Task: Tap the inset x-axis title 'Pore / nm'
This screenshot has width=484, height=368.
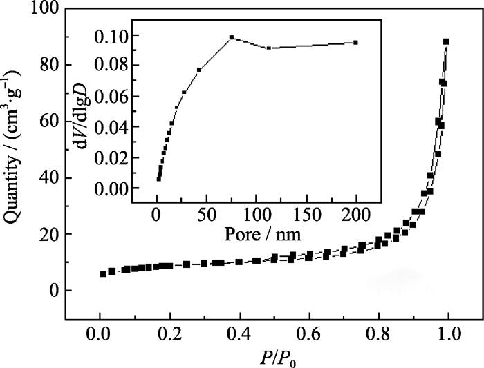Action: [x=257, y=233]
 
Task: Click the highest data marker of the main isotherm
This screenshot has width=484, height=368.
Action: [x=446, y=42]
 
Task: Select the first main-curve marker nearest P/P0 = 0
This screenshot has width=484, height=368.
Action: [x=103, y=273]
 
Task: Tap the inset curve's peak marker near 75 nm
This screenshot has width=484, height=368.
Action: [x=232, y=37]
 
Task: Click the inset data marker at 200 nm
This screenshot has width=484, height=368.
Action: [x=355, y=42]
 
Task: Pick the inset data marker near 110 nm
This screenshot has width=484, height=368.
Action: [x=268, y=48]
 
